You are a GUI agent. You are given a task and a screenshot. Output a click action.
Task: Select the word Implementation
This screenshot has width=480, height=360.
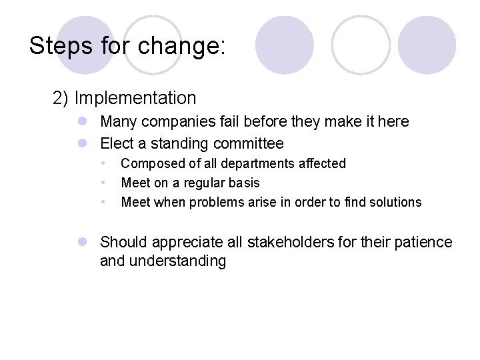[135, 98]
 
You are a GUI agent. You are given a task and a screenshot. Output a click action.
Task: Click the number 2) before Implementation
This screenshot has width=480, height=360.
[61, 98]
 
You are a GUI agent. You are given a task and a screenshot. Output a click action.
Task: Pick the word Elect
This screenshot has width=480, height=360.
[117, 143]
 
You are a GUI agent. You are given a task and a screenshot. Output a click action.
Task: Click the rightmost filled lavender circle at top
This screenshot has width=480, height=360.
[427, 45]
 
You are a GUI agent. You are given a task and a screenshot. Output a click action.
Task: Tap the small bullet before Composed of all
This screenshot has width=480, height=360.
[103, 163]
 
